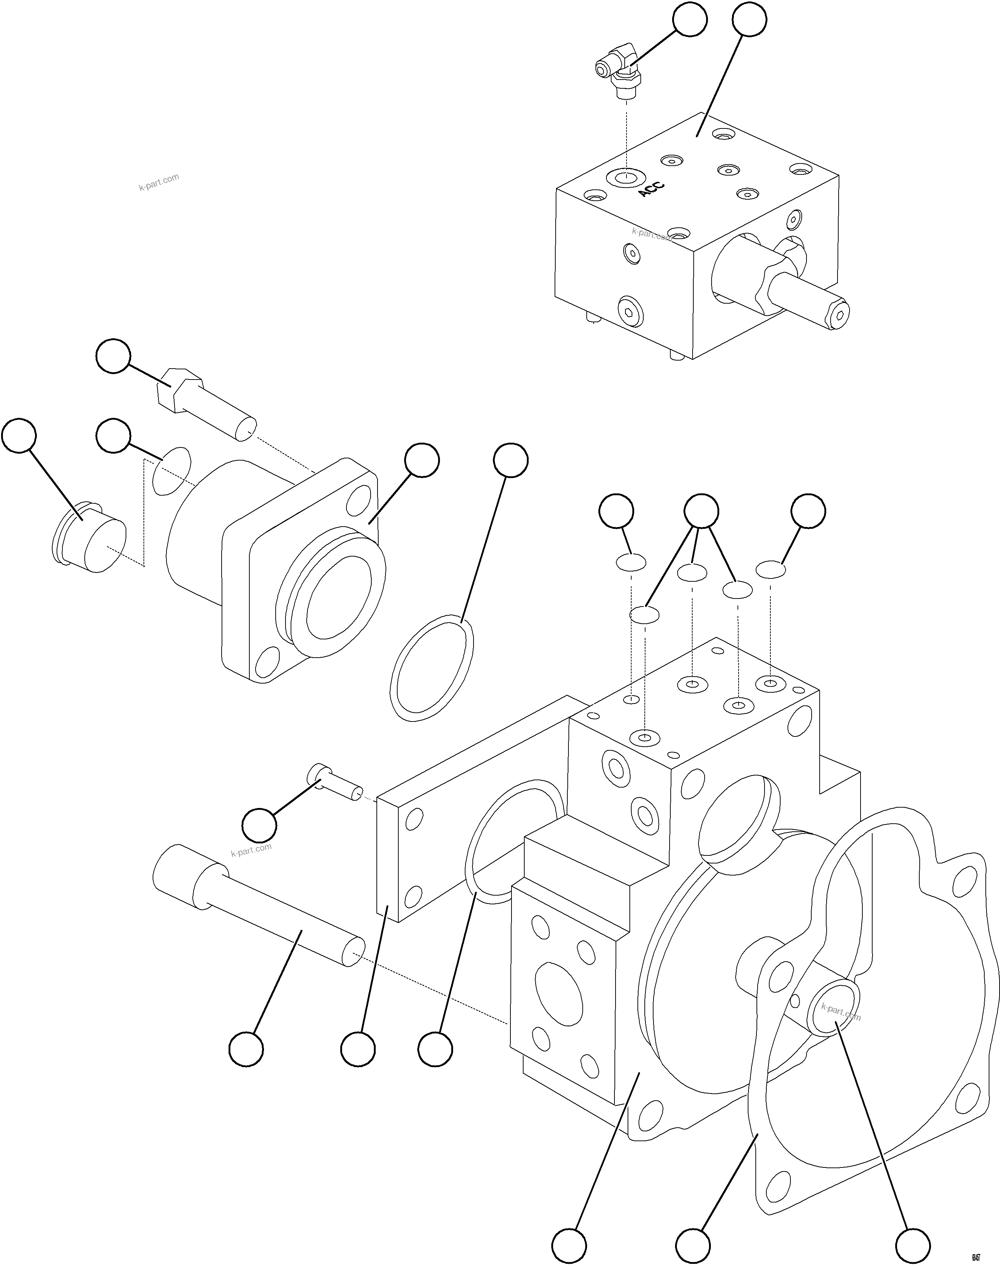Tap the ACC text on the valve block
pyautogui.click(x=651, y=189)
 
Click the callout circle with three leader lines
pyautogui.click(x=701, y=511)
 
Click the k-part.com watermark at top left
pyautogui.click(x=159, y=182)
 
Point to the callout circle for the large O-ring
pyautogui.click(x=510, y=460)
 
